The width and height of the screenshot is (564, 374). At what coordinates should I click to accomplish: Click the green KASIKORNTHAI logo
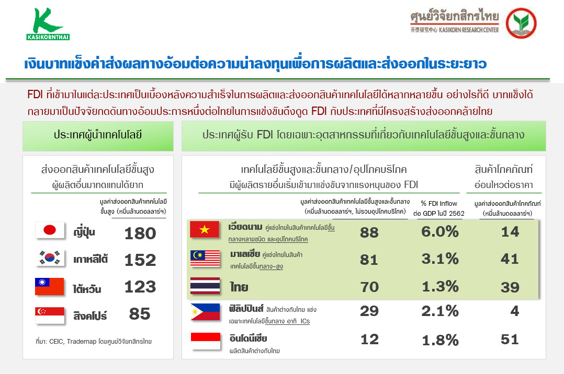[x=48, y=24]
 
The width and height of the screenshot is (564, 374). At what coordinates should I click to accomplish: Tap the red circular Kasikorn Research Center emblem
[x=521, y=24]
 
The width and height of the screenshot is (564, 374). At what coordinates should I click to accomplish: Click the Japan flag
[x=50, y=230]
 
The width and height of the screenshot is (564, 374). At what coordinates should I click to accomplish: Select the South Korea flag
[x=50, y=258]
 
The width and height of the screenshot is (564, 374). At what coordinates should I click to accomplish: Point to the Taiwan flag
[x=50, y=286]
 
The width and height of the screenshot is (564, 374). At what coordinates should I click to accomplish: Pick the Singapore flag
[x=50, y=315]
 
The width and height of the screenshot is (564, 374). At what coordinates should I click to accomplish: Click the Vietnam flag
[x=204, y=229]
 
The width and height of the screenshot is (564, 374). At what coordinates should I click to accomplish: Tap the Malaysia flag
[x=205, y=258]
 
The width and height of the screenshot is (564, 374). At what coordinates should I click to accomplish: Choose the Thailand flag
[x=205, y=286]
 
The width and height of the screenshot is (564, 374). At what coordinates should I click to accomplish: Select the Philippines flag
[x=205, y=312]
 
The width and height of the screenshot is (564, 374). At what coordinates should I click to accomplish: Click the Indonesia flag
[x=206, y=341]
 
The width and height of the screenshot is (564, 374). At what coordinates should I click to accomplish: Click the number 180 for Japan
[x=140, y=233]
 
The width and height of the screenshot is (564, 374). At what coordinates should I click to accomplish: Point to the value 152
[x=140, y=260]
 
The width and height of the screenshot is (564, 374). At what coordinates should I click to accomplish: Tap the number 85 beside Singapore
[x=140, y=314]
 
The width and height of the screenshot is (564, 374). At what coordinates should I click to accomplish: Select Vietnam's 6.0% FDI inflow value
[x=440, y=232]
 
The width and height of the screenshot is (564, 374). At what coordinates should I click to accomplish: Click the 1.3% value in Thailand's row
[x=440, y=287]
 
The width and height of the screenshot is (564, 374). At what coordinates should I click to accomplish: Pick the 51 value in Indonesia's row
[x=510, y=340]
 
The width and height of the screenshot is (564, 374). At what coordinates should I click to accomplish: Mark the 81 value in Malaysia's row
[x=369, y=260]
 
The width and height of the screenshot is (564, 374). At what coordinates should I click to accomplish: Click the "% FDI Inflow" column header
[x=439, y=203]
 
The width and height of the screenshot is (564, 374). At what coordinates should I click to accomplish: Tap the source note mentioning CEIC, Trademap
[x=94, y=341]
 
